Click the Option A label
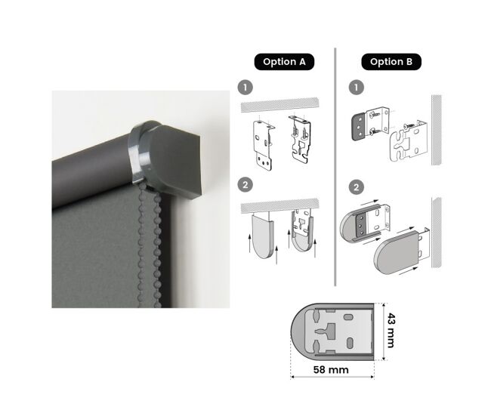(284, 62)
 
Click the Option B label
(391, 62)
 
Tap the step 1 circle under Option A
(246, 88)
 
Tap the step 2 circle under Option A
(246, 185)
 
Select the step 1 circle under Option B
(357, 88)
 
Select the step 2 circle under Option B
(357, 187)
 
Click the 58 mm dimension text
(331, 370)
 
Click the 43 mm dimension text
(391, 330)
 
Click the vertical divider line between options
(335, 167)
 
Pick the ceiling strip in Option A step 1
(280, 105)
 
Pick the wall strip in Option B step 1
(437, 130)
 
